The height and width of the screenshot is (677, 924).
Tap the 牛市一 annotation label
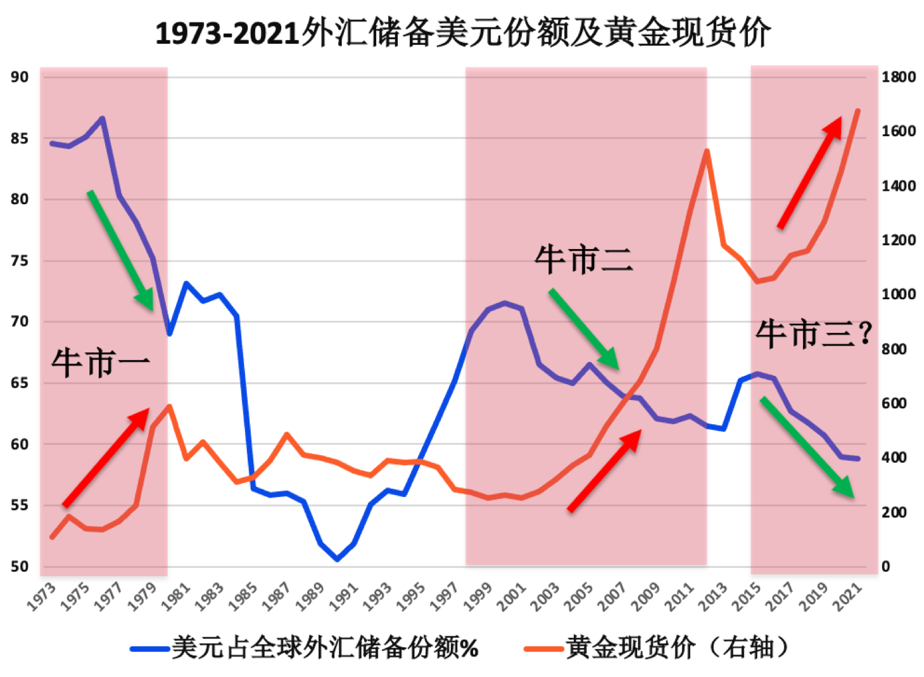[101, 364]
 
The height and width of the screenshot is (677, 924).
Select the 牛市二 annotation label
[583, 260]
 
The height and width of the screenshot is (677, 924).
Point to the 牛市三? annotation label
[813, 334]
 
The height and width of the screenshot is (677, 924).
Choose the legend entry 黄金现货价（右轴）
[659, 648]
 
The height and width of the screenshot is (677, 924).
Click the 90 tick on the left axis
[20, 77]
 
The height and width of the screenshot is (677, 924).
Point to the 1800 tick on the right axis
[898, 77]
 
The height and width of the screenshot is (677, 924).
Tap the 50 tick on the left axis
[20, 567]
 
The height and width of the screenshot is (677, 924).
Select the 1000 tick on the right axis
[898, 295]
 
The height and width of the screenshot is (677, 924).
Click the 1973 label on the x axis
[42, 597]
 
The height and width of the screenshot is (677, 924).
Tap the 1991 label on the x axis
[344, 597]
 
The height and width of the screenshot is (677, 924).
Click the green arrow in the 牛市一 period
[120, 250]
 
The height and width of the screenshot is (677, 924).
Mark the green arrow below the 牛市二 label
[583, 328]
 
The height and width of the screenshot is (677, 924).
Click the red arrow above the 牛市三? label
[810, 172]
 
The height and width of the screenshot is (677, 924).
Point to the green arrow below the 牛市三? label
[807, 447]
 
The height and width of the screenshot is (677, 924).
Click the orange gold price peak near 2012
[706, 151]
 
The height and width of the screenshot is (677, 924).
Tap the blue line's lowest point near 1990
[337, 559]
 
